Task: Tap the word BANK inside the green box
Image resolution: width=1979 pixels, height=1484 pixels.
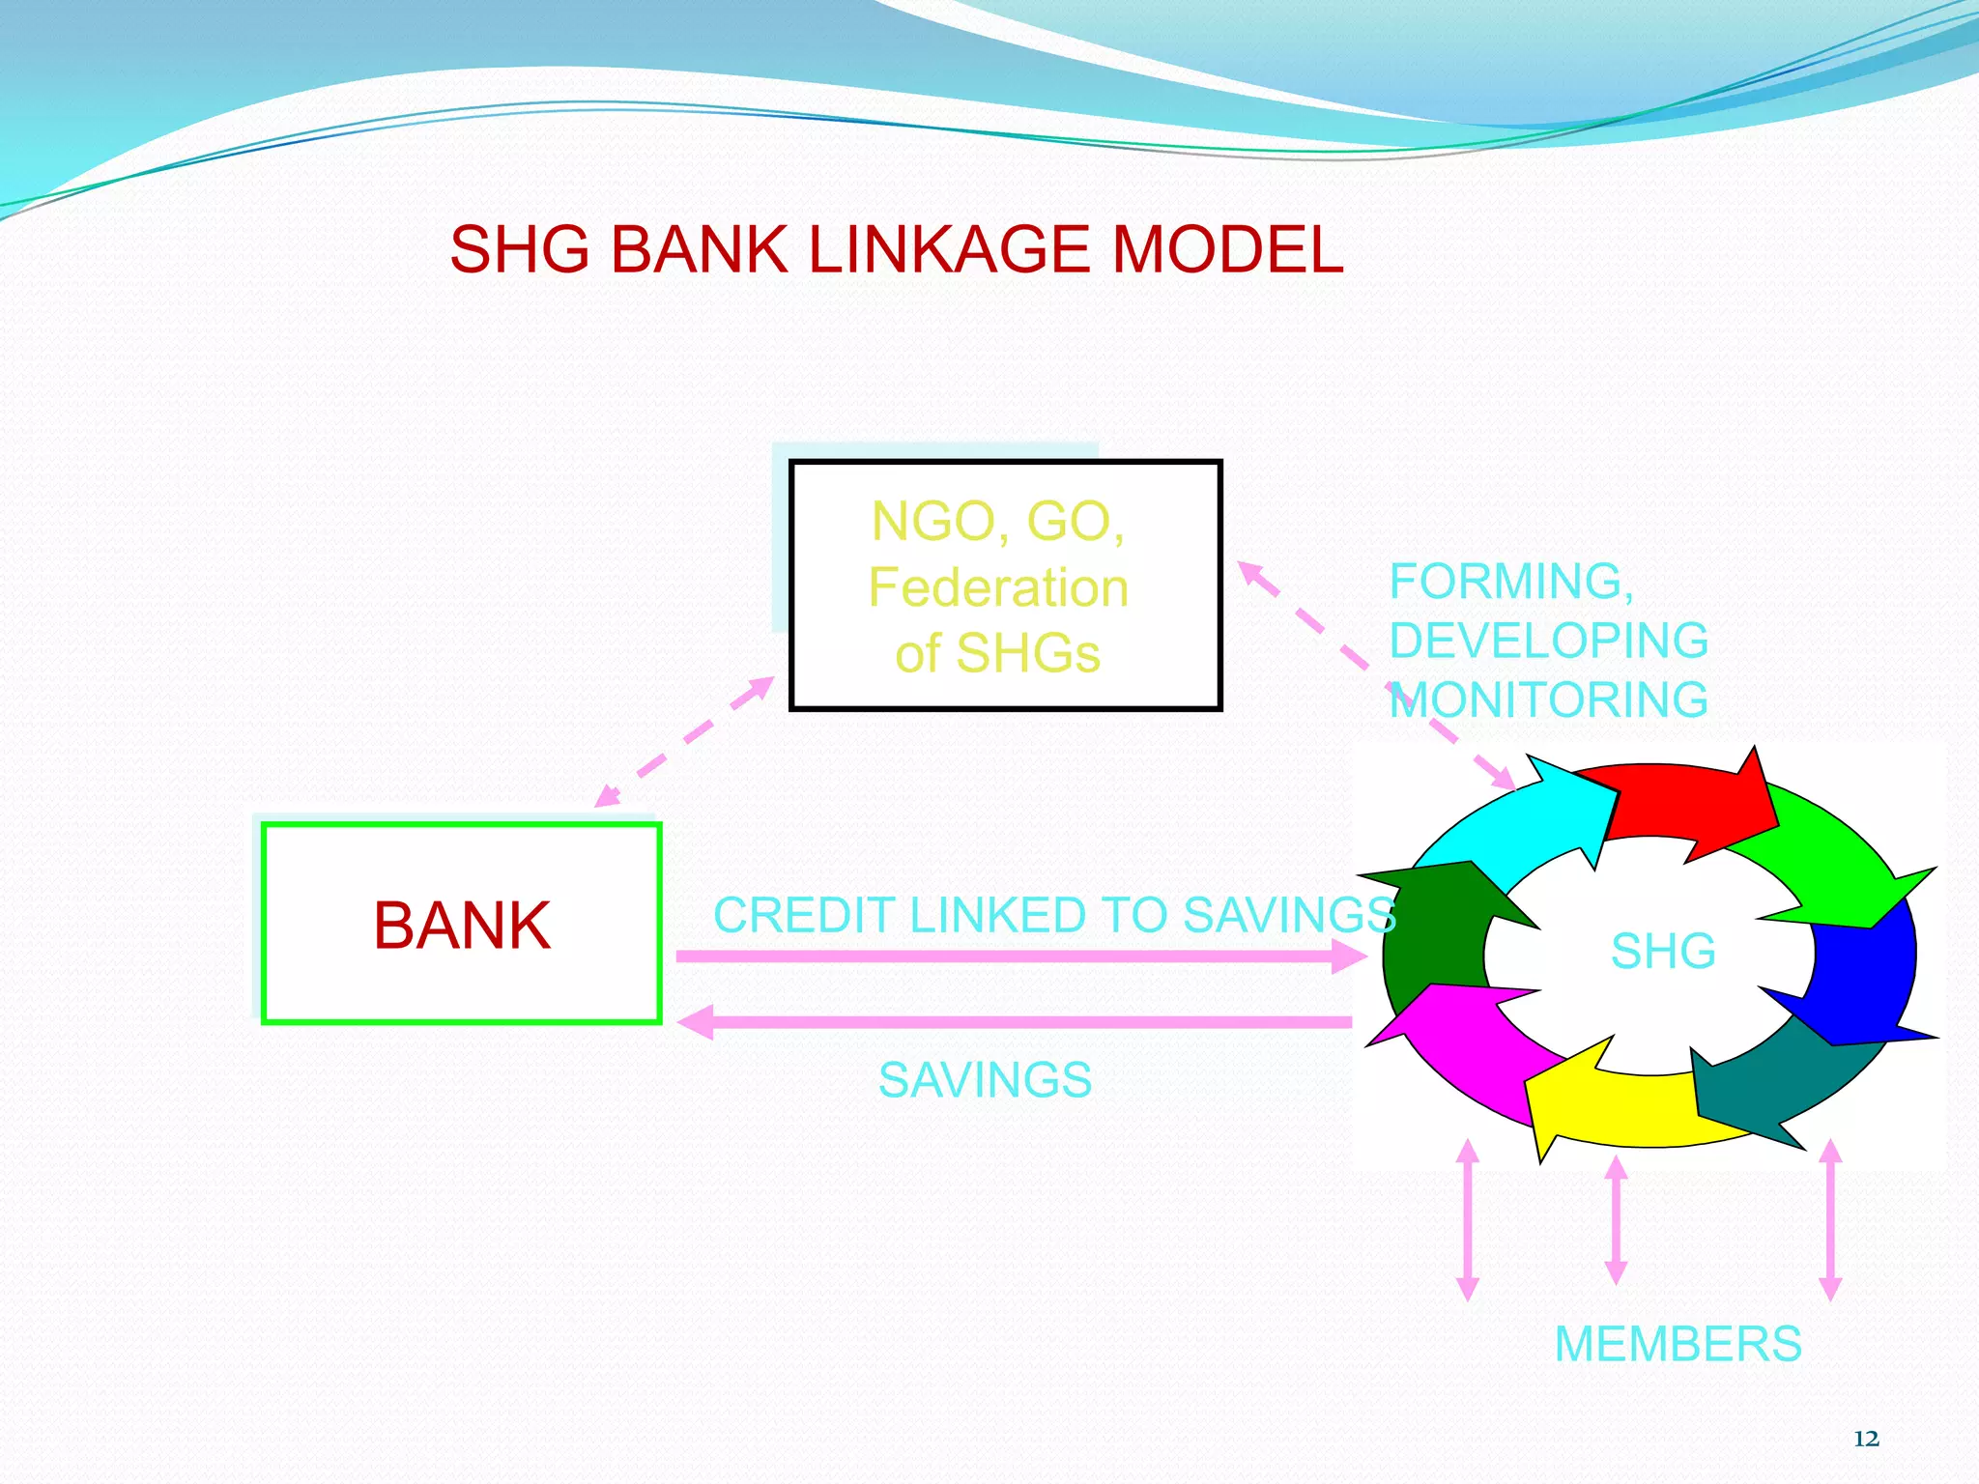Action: [x=462, y=926]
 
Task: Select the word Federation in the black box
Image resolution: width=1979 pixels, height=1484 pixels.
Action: [x=998, y=587]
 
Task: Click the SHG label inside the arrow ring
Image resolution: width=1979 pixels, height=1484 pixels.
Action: [x=1662, y=951]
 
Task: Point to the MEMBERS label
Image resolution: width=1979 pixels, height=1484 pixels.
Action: [x=1678, y=1344]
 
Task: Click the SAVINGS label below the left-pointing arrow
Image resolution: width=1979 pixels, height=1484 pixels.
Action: [x=985, y=1080]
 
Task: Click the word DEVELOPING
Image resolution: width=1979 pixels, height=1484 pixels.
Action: [x=1548, y=641]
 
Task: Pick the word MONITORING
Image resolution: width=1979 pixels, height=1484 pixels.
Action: [x=1548, y=699]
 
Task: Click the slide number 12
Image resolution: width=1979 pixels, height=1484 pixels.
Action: [x=1866, y=1440]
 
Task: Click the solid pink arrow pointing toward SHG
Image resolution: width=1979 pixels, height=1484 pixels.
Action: [x=1015, y=956]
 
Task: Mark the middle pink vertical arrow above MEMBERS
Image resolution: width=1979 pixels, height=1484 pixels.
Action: [x=1616, y=1220]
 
